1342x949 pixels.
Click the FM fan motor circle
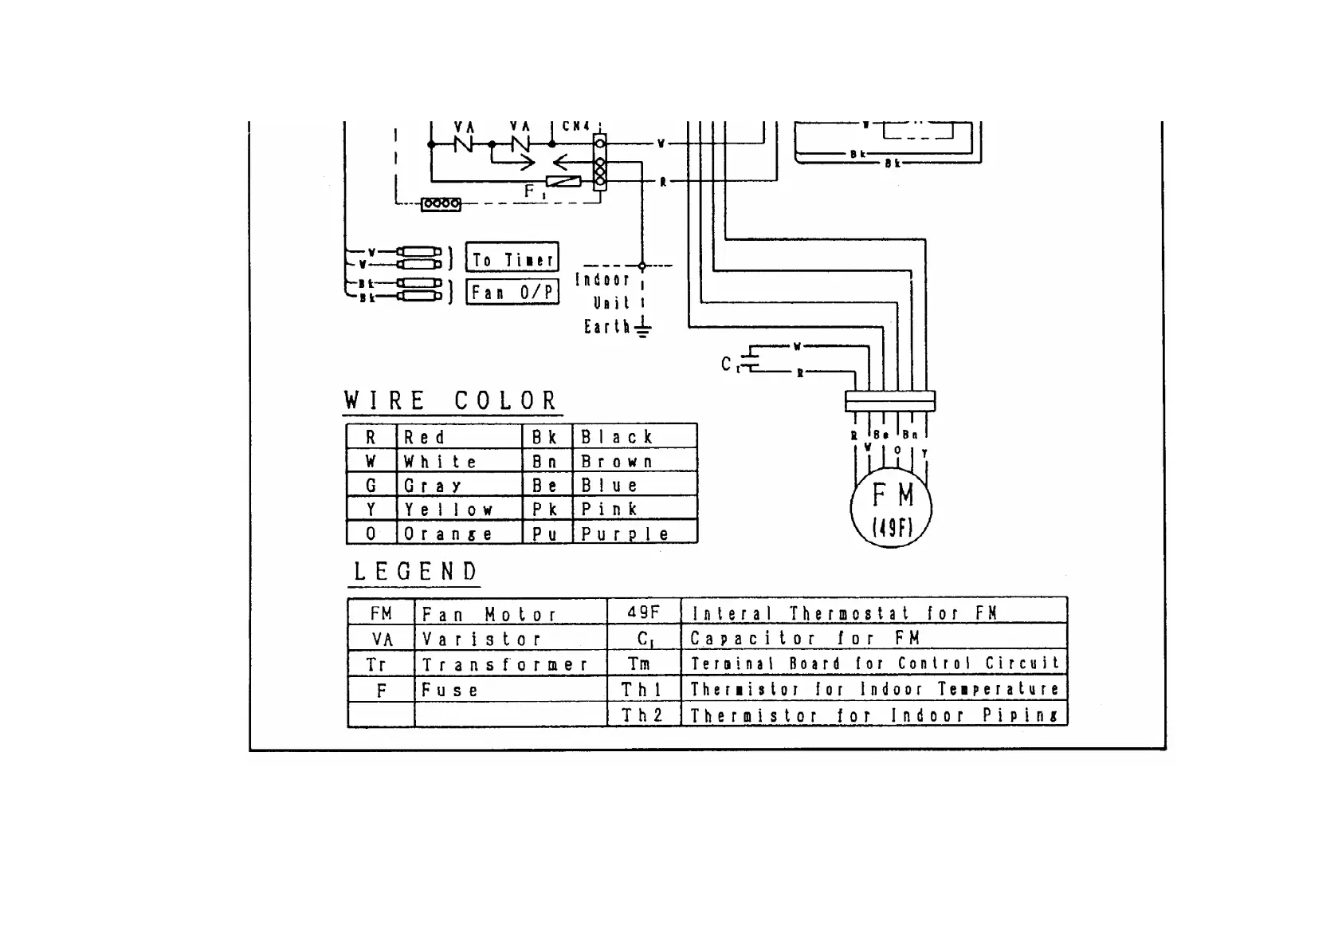pos(891,508)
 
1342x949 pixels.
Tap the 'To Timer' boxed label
pos(512,258)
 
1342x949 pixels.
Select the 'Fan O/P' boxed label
pos(512,292)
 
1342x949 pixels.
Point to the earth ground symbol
pos(643,328)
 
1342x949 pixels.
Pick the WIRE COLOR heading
pos(452,400)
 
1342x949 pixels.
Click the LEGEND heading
pos(415,572)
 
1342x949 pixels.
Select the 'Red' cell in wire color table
pos(458,437)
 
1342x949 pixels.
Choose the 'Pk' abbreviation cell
pos(546,509)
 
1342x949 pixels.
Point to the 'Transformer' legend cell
pos(510,664)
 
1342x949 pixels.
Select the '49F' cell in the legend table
pos(643,612)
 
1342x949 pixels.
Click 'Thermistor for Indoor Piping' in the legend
pos(873,715)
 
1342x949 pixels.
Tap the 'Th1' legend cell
pos(643,689)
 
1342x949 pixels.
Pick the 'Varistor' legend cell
pos(510,639)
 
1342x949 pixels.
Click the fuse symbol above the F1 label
pos(563,182)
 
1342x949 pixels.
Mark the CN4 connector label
pos(576,126)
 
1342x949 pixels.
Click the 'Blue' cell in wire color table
pos(634,485)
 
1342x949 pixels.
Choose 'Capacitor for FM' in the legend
pos(873,638)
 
